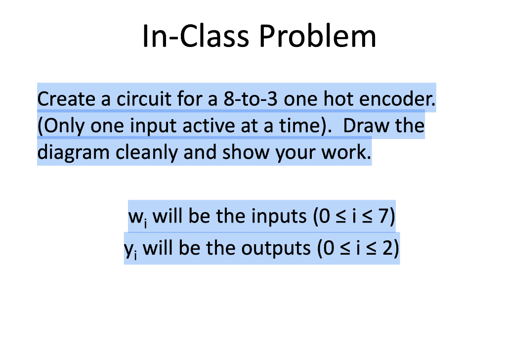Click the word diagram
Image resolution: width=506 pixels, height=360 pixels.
(x=74, y=153)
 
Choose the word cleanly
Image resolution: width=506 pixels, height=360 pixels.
(x=147, y=153)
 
